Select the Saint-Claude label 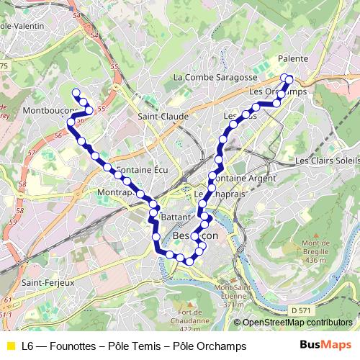(x=163, y=116)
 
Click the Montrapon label (x=115, y=194)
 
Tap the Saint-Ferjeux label (x=48, y=282)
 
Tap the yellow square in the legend (x=10, y=346)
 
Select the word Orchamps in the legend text (x=223, y=346)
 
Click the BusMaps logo (x=321, y=346)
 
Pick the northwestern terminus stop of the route (x=76, y=92)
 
